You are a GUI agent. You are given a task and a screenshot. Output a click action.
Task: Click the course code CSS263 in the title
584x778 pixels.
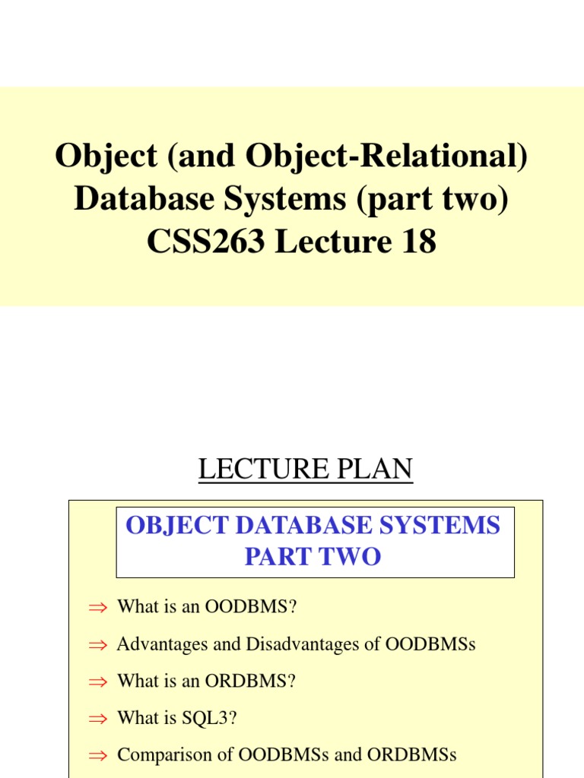[205, 242]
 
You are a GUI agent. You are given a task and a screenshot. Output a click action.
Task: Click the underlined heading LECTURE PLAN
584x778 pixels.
[305, 470]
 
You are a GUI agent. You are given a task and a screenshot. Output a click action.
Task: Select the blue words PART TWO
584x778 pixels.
[313, 557]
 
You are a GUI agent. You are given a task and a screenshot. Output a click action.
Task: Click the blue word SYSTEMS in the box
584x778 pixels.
[439, 525]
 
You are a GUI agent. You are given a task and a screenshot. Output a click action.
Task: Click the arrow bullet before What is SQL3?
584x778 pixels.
[99, 719]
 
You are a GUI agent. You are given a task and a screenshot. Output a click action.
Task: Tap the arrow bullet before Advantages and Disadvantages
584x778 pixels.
[99, 645]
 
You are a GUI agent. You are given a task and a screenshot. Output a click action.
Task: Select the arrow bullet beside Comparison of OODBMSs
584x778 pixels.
[99, 756]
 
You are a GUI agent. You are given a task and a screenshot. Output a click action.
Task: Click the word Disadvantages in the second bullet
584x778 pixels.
[293, 644]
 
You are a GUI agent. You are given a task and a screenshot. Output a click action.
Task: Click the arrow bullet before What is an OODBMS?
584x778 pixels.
[99, 607]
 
